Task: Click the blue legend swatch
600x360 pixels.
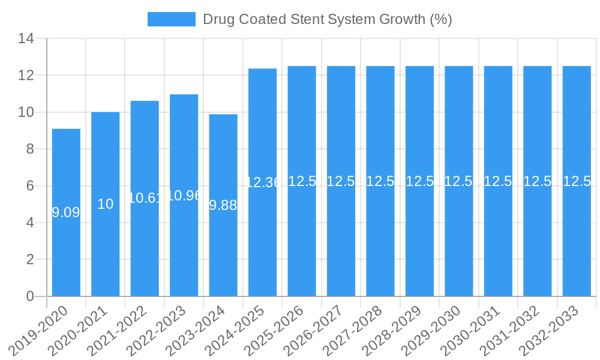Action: point(172,19)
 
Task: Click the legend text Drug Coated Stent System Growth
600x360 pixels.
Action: point(327,19)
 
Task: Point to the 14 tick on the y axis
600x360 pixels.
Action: point(26,39)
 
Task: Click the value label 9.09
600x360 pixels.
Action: point(66,212)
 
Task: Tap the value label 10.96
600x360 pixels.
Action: point(184,196)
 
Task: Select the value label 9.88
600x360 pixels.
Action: point(223,205)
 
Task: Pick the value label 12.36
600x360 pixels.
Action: point(263,182)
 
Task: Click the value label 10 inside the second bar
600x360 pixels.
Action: point(106,204)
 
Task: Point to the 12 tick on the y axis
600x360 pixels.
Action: point(26,76)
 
